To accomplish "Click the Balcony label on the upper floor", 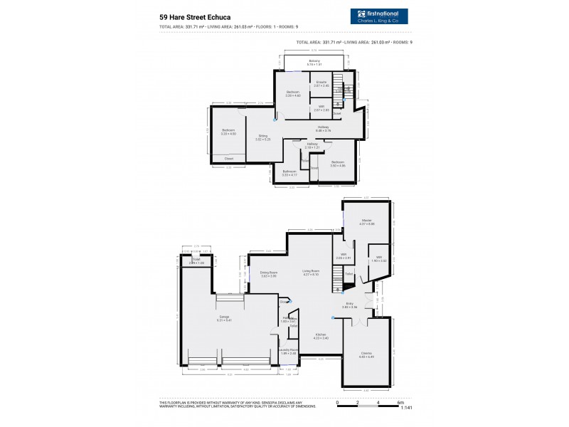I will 314,62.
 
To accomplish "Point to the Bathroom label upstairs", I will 289,171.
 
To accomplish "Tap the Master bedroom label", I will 367,222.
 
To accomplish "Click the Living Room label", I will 311,272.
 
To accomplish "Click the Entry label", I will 351,305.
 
